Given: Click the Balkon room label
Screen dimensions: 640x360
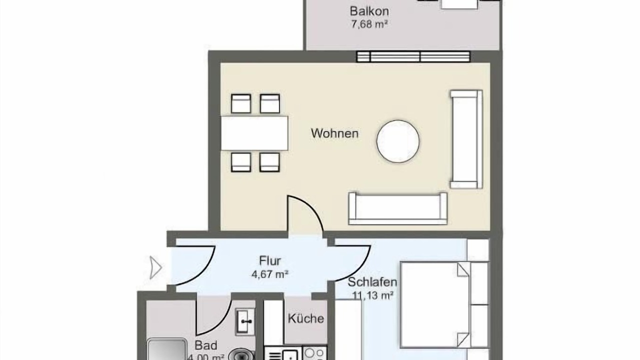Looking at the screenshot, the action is click(369, 11).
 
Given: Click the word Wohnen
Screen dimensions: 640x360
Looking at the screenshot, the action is click(334, 133).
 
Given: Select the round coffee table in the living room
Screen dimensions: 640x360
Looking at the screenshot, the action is click(397, 141).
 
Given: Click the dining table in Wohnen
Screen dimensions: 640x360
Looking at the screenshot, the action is click(254, 133).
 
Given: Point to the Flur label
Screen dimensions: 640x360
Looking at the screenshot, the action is click(270, 261).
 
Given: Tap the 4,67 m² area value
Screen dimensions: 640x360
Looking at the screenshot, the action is click(269, 274).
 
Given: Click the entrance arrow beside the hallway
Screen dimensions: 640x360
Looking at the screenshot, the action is click(155, 267).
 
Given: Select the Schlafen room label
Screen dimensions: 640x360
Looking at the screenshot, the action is click(372, 282).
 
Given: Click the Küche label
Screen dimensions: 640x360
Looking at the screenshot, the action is click(305, 318).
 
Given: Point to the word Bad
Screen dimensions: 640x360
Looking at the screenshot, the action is click(205, 345).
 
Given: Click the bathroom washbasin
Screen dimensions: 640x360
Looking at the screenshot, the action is click(245, 321).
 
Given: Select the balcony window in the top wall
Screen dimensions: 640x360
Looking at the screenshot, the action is click(413, 56).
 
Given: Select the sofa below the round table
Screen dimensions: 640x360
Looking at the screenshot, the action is click(397, 208).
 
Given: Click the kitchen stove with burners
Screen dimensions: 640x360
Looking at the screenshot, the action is click(314, 353).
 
